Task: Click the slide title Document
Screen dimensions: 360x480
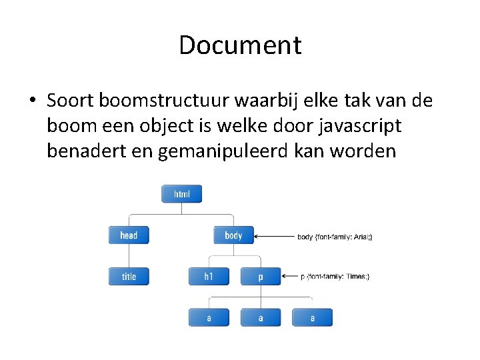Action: point(240,45)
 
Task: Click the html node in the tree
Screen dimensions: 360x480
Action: point(181,194)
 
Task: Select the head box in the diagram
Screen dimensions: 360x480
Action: point(129,235)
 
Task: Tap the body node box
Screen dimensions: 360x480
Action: point(233,235)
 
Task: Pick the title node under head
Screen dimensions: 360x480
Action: point(129,277)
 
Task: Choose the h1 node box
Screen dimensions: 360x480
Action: point(208,277)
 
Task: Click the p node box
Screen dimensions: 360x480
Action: point(260,277)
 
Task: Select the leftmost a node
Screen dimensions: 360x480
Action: point(208,318)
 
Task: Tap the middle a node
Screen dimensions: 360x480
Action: point(260,318)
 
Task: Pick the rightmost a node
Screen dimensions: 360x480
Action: point(312,318)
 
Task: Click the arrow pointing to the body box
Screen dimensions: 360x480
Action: point(273,236)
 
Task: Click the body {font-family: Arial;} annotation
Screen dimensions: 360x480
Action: point(335,237)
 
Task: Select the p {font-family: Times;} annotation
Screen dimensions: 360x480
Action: point(335,277)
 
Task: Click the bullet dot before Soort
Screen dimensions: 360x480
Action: point(32,101)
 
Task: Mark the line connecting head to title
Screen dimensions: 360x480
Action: point(129,256)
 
